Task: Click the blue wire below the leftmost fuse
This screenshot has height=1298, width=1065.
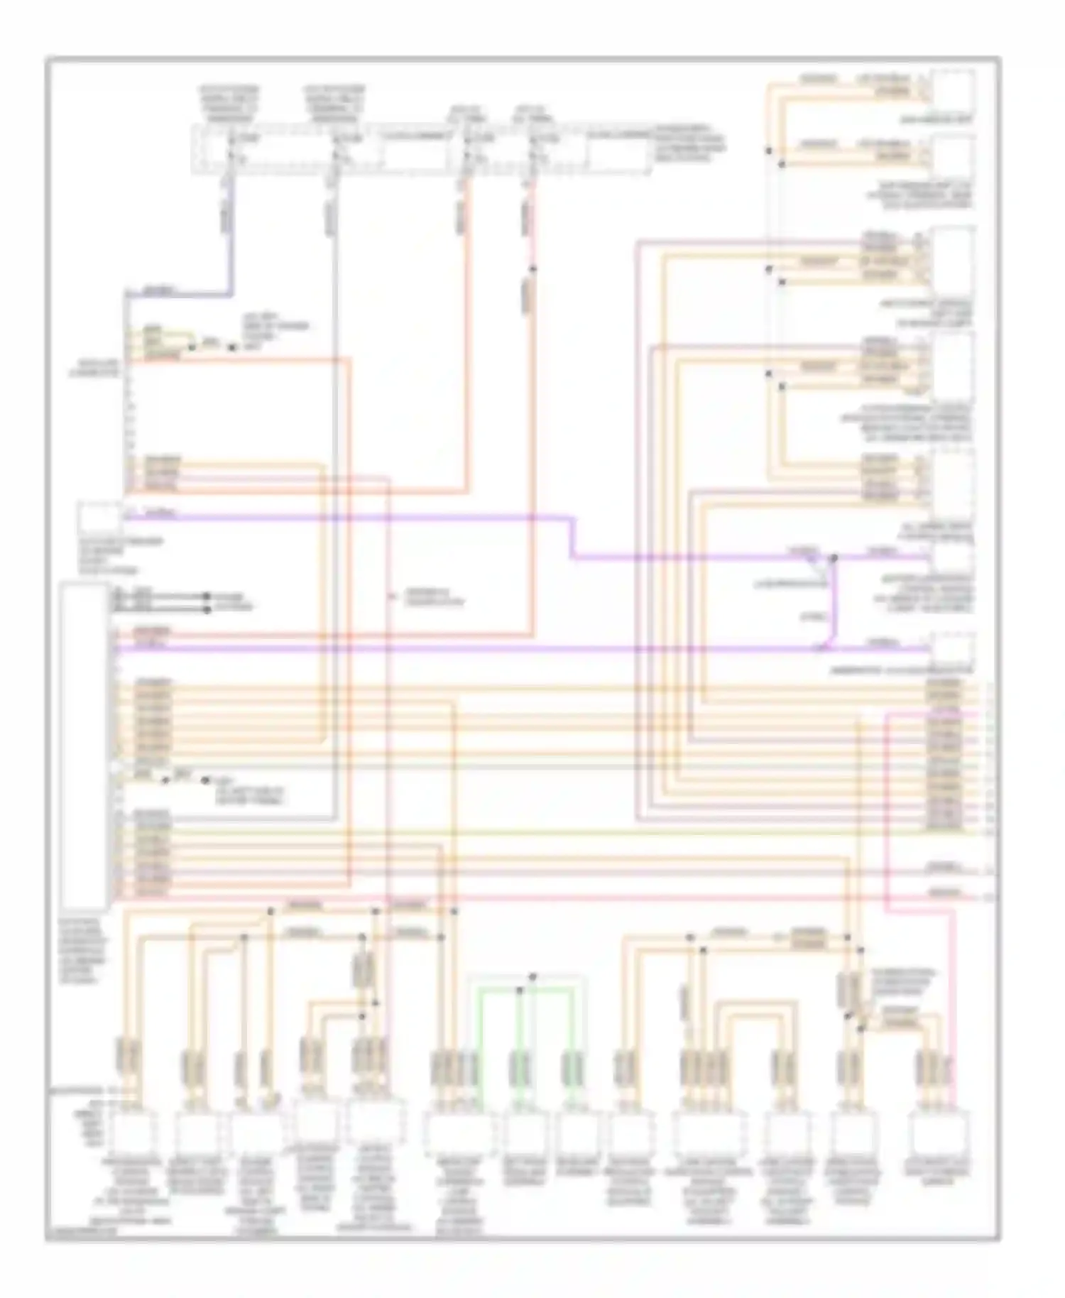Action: (231, 234)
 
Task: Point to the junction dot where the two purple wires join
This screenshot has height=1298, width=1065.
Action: (834, 558)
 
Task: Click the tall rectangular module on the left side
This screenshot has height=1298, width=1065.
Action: (84, 746)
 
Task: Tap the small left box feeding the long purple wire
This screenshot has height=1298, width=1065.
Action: (99, 518)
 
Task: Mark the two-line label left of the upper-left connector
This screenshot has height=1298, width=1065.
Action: (97, 367)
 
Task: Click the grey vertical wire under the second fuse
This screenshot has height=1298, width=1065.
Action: (334, 497)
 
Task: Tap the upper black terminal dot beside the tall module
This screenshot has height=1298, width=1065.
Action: (207, 596)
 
